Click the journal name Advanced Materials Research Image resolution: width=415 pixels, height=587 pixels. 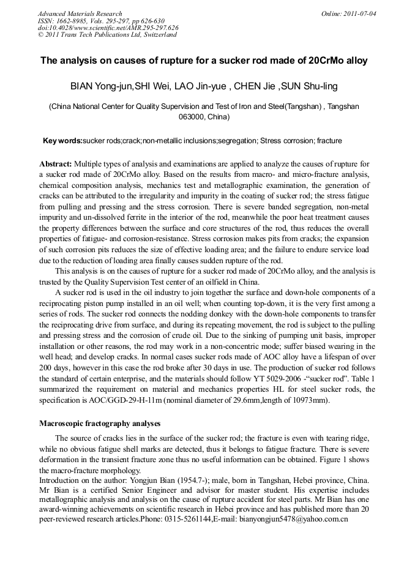pyautogui.click(x=80, y=13)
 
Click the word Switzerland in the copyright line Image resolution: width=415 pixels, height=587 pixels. pyautogui.click(x=156, y=35)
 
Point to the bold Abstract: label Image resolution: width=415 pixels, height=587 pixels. pyautogui.click(x=56, y=164)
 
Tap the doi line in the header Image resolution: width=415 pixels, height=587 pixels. pyautogui.click(x=108, y=28)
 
